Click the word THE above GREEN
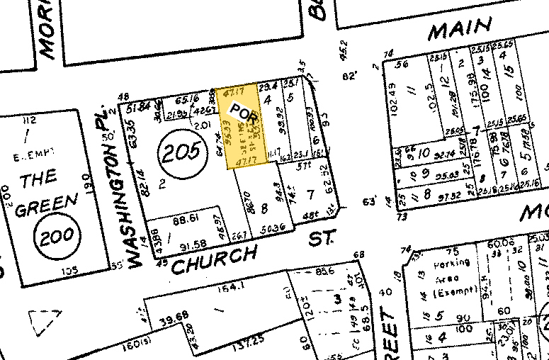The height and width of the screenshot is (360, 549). [39, 179]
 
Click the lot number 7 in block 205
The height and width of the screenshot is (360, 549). [310, 194]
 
